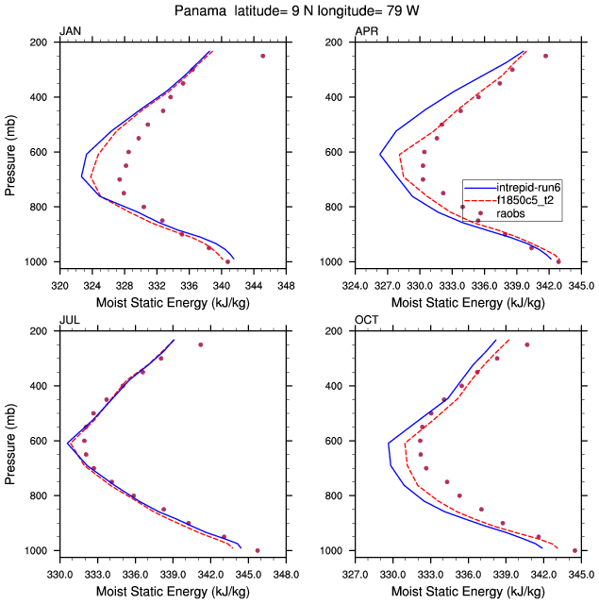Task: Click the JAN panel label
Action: point(70,32)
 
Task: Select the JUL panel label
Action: point(69,321)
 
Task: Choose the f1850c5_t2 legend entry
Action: point(528,200)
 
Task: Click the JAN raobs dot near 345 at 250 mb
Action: point(262,56)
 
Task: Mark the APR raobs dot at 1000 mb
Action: point(558,261)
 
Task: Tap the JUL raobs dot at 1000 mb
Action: point(258,550)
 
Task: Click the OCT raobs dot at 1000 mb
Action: point(574,550)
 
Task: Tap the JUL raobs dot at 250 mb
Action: point(200,344)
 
